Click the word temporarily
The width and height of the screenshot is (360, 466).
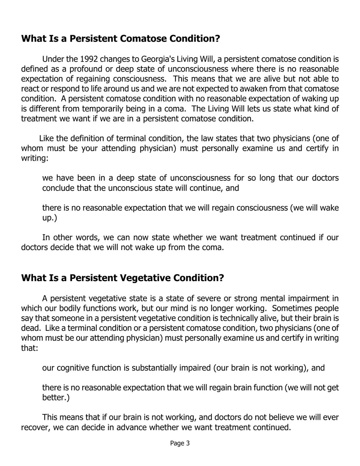tap(116, 109)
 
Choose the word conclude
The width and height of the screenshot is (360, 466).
tap(58, 188)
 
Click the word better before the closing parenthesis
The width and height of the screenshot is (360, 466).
tap(53, 398)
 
